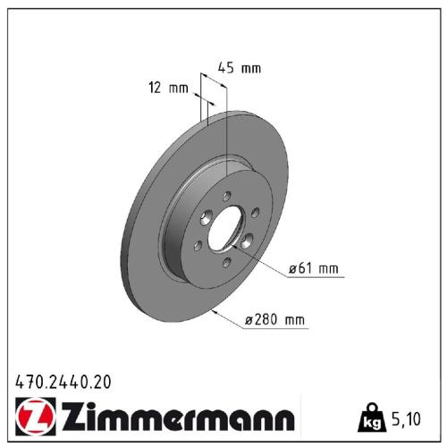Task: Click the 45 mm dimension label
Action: tap(239, 68)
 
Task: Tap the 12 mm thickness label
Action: tap(168, 88)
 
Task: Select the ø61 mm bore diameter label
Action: tap(314, 267)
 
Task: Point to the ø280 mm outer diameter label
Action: tap(277, 319)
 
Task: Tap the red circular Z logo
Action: tap(34, 417)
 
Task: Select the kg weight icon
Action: tap(368, 417)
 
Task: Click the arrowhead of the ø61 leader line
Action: tap(242, 243)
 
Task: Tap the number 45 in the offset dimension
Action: tap(226, 68)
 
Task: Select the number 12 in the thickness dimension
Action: tap(156, 88)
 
